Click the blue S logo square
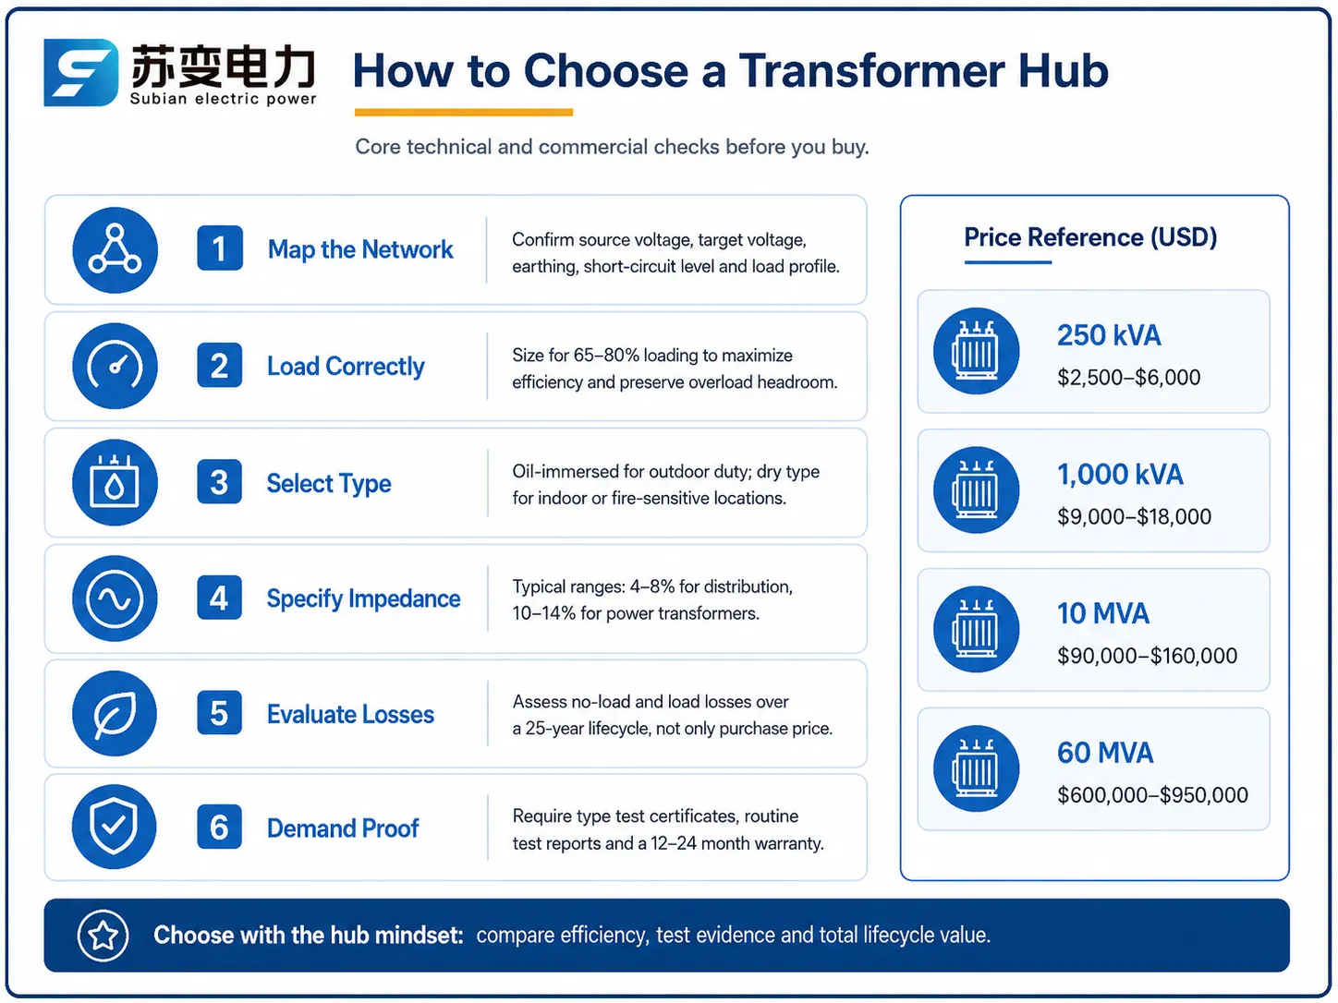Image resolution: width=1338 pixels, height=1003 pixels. click(80, 72)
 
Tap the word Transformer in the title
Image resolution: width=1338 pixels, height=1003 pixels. click(871, 70)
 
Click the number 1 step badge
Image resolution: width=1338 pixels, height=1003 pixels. click(219, 248)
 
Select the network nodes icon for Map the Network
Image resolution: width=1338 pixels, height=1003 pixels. click(115, 249)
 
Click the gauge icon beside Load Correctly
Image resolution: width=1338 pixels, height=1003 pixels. click(115, 366)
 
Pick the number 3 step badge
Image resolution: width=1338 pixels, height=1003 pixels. click(219, 482)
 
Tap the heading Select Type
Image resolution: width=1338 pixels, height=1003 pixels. click(329, 484)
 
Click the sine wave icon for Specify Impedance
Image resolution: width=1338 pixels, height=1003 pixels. click(115, 598)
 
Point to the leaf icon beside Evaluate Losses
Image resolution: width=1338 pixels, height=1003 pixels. click(115, 714)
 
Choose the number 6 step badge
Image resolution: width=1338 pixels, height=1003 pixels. click(219, 827)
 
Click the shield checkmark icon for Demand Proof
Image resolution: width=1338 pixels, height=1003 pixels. click(114, 827)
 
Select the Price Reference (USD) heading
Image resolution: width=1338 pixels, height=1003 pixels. click(1090, 237)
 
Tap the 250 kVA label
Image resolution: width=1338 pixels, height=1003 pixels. click(1109, 335)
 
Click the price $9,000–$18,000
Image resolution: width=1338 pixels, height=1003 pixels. click(1134, 516)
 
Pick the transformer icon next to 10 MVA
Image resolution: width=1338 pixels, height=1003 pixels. click(977, 629)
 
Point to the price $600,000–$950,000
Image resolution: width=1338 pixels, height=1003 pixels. click(1152, 794)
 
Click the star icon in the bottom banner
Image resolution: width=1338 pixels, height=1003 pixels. click(103, 936)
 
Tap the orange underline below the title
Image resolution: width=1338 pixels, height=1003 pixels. click(464, 112)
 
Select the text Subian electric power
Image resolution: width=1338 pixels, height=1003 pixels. click(223, 99)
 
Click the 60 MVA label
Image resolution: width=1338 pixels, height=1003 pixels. click(1105, 754)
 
